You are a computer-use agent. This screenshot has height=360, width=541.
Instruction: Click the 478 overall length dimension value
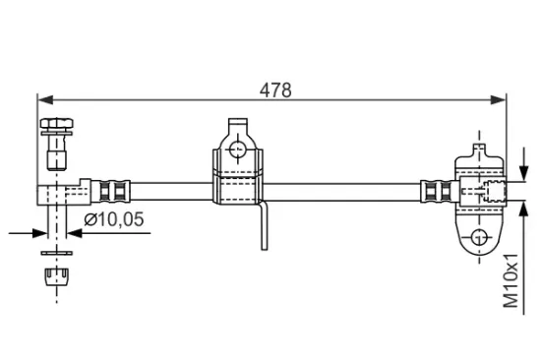coord(276,90)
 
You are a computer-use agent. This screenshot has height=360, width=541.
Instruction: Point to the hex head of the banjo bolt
coord(56,124)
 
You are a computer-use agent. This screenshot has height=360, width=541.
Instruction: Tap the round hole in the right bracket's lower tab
coord(478,237)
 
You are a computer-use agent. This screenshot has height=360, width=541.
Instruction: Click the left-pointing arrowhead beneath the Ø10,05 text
coord(74,233)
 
